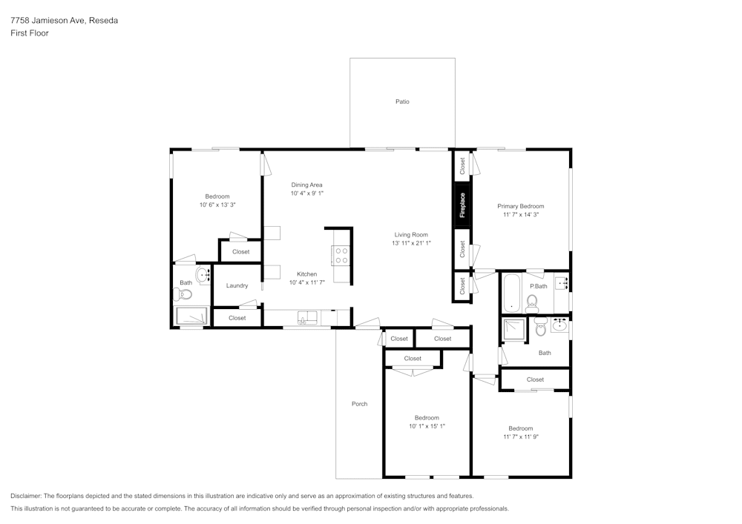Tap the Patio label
402,102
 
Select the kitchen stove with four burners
341,255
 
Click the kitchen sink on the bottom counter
306,318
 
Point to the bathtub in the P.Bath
512,293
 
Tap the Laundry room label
237,285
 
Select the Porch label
359,404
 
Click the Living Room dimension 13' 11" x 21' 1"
411,243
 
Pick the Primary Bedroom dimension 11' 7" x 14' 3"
520,215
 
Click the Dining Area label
306,185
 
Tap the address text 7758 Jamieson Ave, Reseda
64,21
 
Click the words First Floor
30,33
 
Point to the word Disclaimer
26,496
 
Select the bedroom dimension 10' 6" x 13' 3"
217,205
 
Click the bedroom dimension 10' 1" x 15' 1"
427,426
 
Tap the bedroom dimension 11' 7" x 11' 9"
520,437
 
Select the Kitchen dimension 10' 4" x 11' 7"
306,282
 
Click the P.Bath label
538,286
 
